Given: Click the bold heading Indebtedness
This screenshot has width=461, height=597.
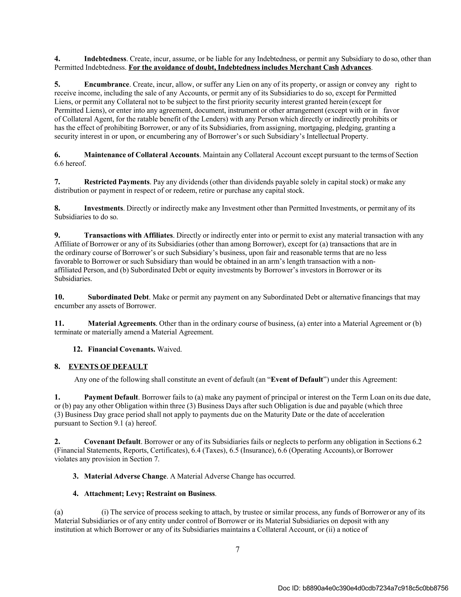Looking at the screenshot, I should click(105, 59).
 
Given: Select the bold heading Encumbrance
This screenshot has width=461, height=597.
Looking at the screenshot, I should click(106, 84).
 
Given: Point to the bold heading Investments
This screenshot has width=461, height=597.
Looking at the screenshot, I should click(104, 208).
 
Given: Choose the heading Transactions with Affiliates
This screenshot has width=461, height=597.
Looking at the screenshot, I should click(128, 235).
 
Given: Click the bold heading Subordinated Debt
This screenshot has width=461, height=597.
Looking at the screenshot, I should click(118, 297).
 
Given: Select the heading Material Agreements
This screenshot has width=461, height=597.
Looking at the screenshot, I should click(122, 324).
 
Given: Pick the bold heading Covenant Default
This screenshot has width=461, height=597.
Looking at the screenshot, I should click(112, 442).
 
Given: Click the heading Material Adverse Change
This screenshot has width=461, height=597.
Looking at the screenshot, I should click(125, 476).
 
